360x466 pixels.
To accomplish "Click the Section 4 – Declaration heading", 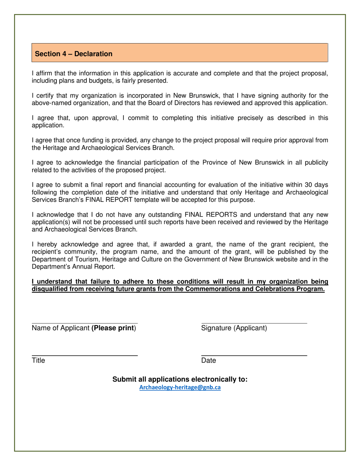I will click(74, 54).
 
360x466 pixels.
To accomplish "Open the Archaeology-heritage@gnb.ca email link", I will click(180, 388).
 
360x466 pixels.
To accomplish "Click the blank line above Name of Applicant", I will click(84, 323).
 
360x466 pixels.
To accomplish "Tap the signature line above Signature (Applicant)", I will click(254, 323).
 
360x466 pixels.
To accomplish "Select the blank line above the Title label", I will click(84, 355).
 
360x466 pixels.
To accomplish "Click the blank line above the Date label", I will click(254, 355).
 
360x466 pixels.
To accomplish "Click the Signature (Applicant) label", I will click(234, 328).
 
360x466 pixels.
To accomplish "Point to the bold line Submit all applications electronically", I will click(180, 379).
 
